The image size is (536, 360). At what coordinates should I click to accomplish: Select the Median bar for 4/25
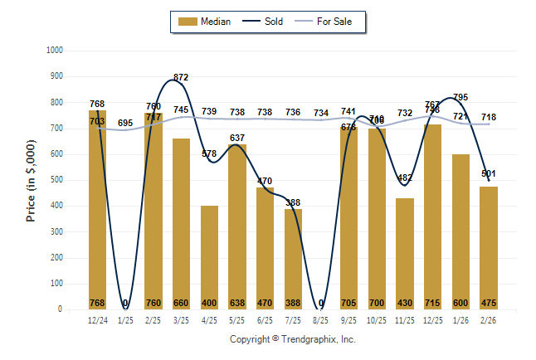(209, 257)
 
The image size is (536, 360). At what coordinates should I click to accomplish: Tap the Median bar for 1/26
(460, 231)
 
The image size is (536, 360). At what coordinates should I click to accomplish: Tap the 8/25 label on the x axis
(321, 319)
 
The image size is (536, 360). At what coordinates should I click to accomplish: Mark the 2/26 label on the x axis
(489, 319)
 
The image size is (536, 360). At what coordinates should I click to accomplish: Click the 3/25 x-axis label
(182, 319)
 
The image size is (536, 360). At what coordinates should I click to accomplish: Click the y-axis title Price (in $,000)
(32, 180)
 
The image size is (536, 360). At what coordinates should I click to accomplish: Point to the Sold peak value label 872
(182, 77)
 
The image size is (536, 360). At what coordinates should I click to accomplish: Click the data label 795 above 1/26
(460, 98)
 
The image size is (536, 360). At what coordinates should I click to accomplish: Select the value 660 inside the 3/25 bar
(182, 303)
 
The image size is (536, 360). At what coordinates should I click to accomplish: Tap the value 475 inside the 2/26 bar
(489, 303)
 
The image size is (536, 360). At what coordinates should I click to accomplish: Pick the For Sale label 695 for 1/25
(125, 124)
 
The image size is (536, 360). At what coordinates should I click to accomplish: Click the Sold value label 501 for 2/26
(489, 173)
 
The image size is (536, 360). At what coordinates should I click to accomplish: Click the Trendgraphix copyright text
(292, 339)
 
